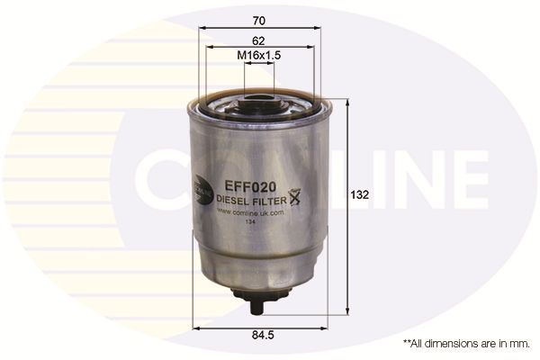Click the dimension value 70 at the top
click(259, 18)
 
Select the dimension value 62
click(259, 40)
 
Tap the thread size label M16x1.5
click(259, 56)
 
